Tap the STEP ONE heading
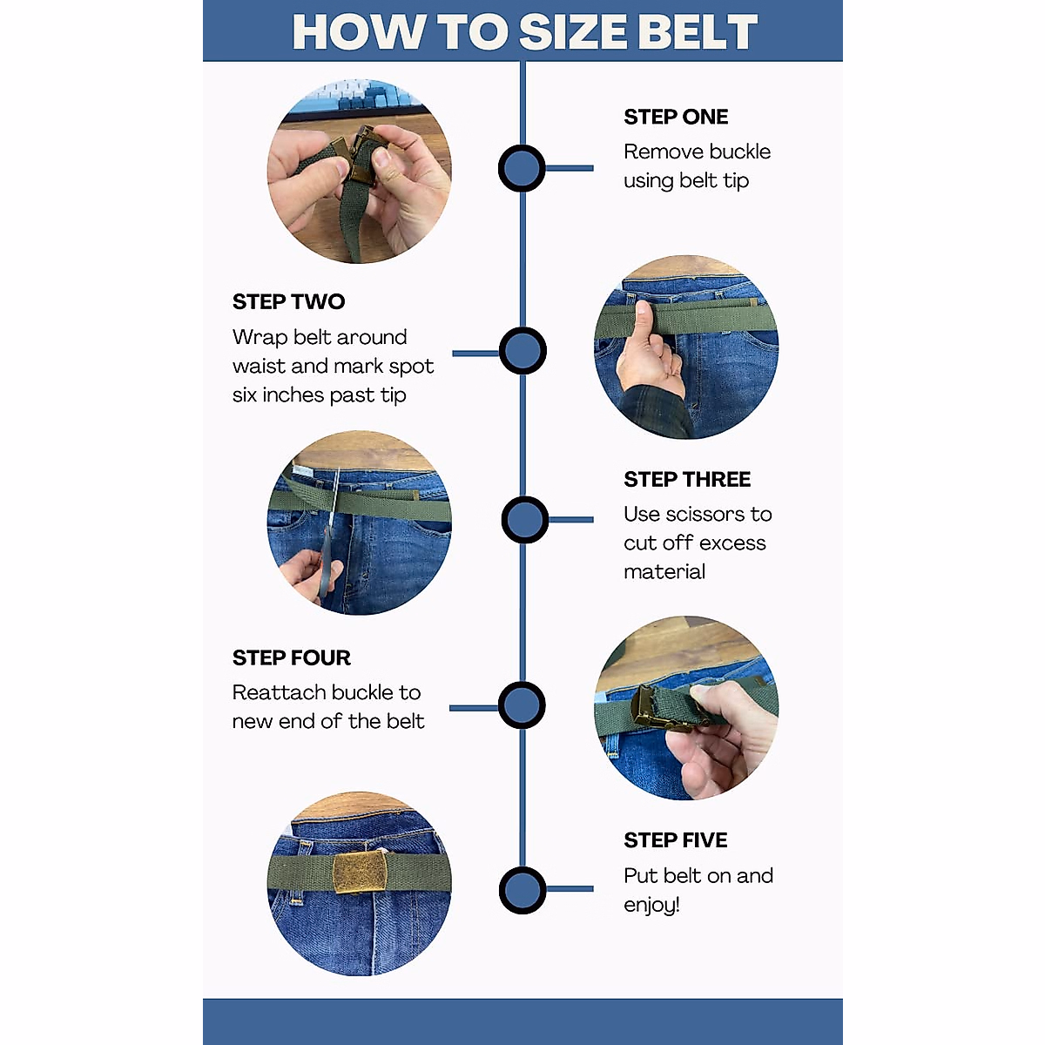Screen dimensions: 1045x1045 coord(676,117)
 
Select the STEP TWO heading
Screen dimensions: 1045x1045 coord(288,302)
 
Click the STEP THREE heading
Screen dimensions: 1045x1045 coord(687,480)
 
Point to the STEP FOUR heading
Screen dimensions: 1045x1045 coord(291,657)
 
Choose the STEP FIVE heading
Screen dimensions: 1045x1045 coord(675,840)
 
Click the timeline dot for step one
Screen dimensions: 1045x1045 coord(522,169)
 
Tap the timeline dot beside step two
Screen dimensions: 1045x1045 coord(522,352)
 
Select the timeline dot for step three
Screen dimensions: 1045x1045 coord(524,520)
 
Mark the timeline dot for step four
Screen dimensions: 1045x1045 coord(522,705)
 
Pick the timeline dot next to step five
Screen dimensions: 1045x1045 coord(522,890)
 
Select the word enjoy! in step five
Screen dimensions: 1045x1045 coord(651,906)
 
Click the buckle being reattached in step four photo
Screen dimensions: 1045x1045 coord(653,706)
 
